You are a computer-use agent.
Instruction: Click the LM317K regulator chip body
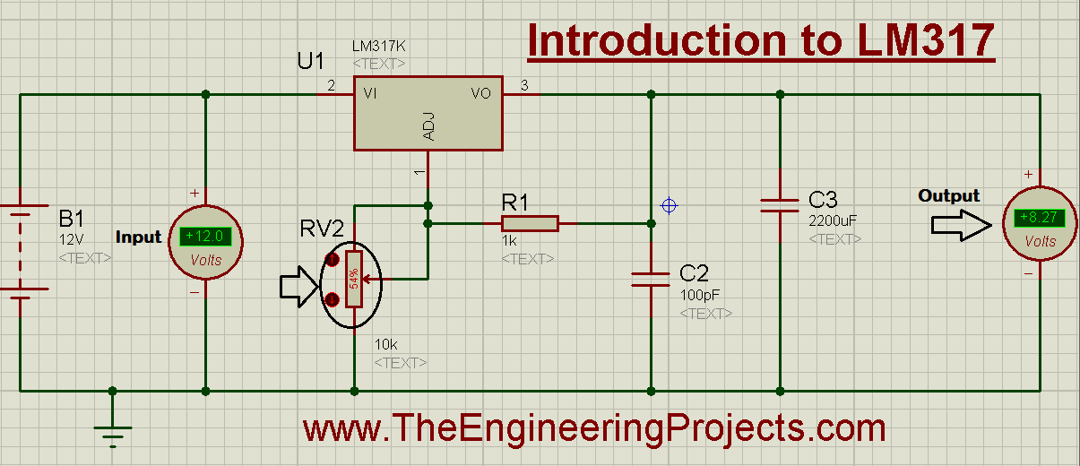click(x=428, y=114)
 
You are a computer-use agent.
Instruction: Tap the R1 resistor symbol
click(x=530, y=224)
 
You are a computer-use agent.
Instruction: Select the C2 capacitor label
click(x=694, y=273)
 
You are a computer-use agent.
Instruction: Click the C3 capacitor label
click(x=823, y=200)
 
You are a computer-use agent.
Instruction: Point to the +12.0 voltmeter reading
click(x=205, y=236)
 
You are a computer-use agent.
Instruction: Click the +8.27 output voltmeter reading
click(x=1039, y=218)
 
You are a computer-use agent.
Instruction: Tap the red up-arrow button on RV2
click(x=333, y=260)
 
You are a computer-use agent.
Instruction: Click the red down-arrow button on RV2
click(x=333, y=299)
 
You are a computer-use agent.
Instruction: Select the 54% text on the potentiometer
click(x=354, y=279)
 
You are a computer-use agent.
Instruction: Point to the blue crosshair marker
click(x=669, y=206)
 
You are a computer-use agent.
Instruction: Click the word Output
click(x=948, y=195)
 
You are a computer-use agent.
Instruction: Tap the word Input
click(x=138, y=237)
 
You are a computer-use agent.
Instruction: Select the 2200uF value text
click(x=833, y=220)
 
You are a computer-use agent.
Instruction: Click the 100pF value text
click(x=700, y=295)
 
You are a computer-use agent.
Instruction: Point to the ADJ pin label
click(x=428, y=126)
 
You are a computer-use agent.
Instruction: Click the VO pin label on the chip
click(x=480, y=93)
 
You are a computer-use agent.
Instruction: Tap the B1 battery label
click(x=71, y=219)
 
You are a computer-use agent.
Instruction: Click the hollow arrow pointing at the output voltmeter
click(x=962, y=225)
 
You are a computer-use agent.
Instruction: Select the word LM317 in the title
click(x=926, y=40)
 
